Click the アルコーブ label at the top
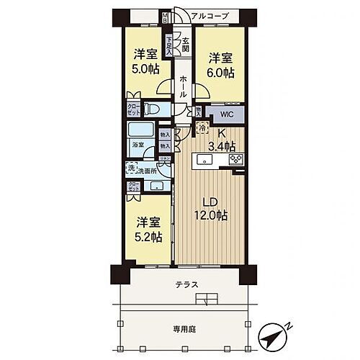pos(213,15)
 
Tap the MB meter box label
pos(164,17)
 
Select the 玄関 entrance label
pos(184,45)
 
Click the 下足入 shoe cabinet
pos(168,45)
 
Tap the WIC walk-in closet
pos(226,114)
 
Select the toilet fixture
pos(152,109)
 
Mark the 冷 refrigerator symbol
pos(203,127)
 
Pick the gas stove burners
pos(235,158)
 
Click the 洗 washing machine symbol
pos(130,169)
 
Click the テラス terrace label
pos(186,285)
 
